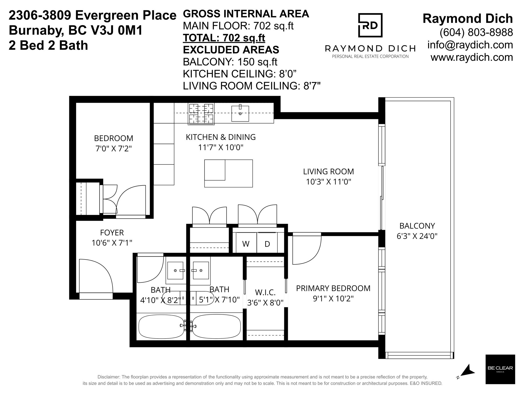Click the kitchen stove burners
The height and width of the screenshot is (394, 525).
(201, 114)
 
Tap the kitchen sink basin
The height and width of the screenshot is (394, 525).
(240, 113)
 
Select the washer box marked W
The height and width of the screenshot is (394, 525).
(246, 243)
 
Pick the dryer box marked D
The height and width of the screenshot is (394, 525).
(267, 243)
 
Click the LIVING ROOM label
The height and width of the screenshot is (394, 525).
(328, 171)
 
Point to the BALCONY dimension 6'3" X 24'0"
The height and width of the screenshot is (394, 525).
(417, 236)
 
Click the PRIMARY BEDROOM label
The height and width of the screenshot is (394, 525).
(333, 288)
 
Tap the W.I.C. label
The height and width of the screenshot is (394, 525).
(265, 292)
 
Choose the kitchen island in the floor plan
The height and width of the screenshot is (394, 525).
(228, 173)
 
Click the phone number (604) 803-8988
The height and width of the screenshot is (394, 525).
(476, 32)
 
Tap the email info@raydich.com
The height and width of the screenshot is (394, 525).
(470, 45)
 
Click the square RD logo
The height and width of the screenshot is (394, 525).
(370, 25)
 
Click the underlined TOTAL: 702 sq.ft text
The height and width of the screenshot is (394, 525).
(224, 38)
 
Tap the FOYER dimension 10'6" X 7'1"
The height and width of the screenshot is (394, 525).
(112, 243)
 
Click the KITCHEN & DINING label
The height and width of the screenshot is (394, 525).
(221, 137)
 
